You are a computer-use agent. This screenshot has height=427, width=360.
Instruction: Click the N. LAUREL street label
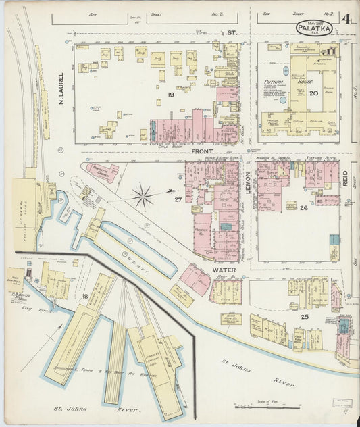61,89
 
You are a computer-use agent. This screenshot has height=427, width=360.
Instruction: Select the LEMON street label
248,182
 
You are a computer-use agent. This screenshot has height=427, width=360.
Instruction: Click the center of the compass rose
143,197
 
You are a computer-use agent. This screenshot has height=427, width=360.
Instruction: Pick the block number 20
313,93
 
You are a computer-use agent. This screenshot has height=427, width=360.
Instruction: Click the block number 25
305,316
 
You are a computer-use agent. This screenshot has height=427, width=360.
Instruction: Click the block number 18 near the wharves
85,297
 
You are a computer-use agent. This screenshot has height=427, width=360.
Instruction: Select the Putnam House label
276,83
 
